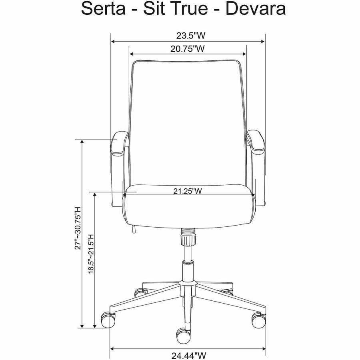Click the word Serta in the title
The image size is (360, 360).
click(x=103, y=9)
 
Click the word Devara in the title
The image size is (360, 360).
click(x=256, y=9)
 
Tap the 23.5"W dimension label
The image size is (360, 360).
click(x=188, y=36)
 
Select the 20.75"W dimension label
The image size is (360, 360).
click(x=188, y=49)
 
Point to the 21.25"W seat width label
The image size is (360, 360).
click(x=188, y=191)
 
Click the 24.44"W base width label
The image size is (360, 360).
click(x=188, y=356)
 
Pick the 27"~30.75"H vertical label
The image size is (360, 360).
click(x=78, y=228)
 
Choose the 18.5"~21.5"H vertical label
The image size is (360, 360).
click(x=91, y=254)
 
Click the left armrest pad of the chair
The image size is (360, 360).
click(x=119, y=143)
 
